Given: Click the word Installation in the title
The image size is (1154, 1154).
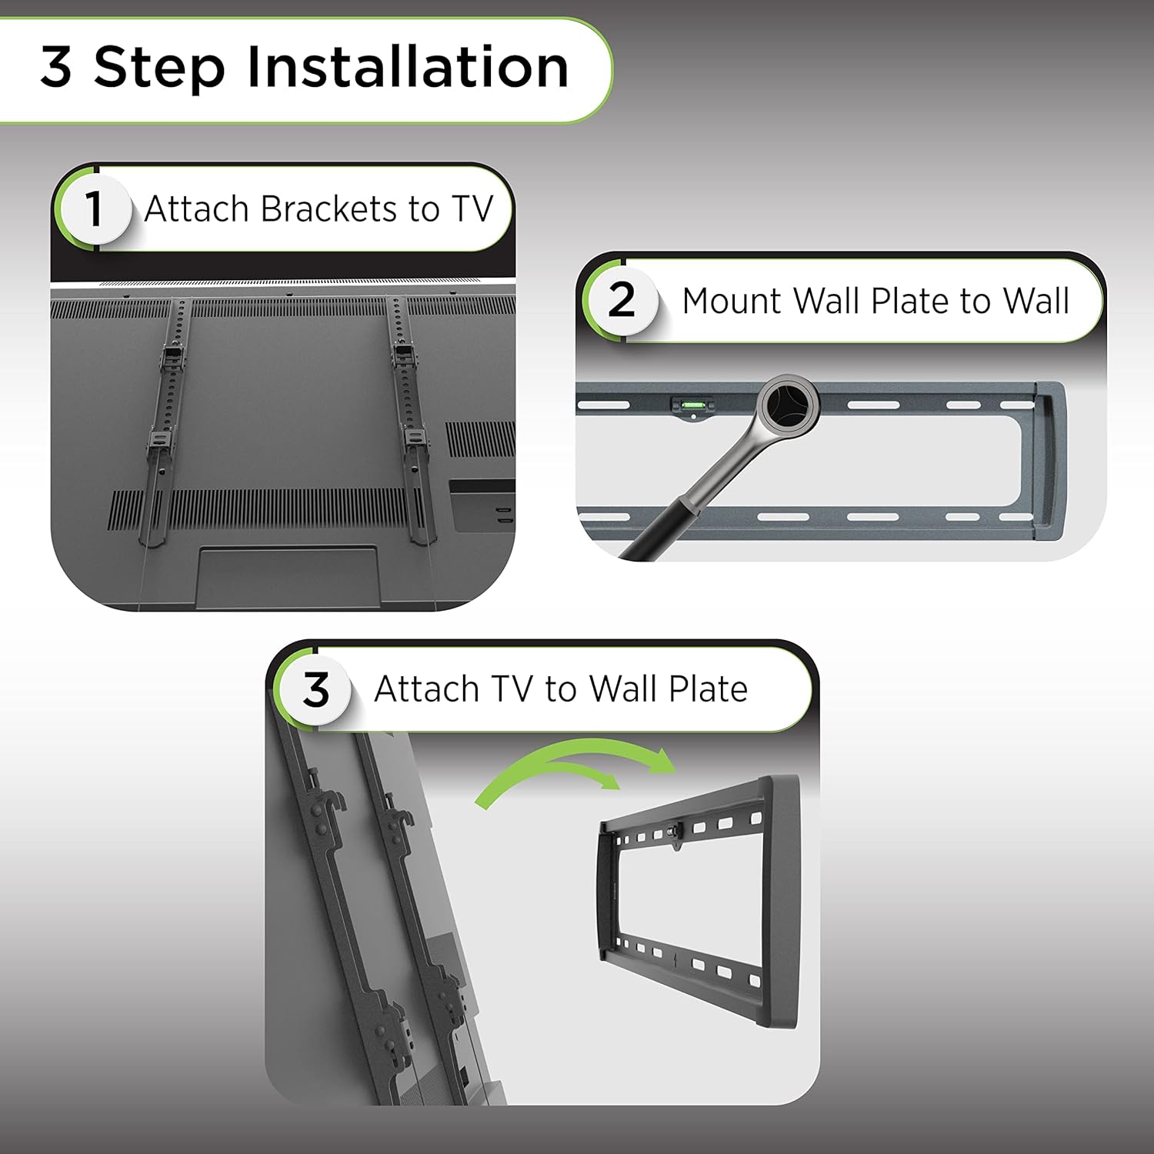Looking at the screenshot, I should click(x=408, y=68).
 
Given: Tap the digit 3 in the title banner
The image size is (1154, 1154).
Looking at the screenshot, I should click(x=56, y=68).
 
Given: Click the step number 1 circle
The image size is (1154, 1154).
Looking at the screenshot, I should click(x=94, y=208).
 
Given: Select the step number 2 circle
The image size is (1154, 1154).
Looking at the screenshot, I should click(x=621, y=300).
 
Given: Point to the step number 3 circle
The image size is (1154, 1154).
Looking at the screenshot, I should click(x=315, y=689).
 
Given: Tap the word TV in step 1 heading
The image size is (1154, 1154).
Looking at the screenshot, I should click(x=472, y=209).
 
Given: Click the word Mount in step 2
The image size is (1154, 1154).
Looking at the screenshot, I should click(x=732, y=301).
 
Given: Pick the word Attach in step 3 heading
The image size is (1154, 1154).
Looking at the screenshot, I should click(x=425, y=689).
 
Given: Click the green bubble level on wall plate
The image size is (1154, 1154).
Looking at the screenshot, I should click(x=692, y=403).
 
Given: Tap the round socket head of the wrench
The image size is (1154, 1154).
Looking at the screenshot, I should click(x=788, y=402).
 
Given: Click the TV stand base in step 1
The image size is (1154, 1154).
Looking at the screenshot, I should click(x=286, y=577).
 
